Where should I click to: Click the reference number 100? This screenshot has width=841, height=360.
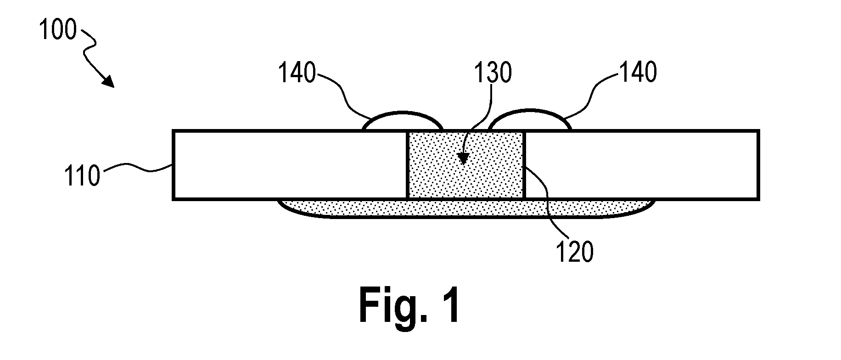[57, 31]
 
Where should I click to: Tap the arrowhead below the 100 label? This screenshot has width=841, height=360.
[108, 81]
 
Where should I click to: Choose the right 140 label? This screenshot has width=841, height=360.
[638, 72]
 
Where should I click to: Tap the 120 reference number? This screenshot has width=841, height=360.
[575, 252]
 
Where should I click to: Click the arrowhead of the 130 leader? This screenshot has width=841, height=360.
[464, 158]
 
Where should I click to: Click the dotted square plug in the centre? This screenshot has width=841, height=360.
[465, 165]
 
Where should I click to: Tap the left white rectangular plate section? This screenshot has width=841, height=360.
[290, 165]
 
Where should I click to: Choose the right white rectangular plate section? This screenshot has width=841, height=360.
[641, 165]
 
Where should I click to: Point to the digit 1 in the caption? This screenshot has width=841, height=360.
[450, 304]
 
